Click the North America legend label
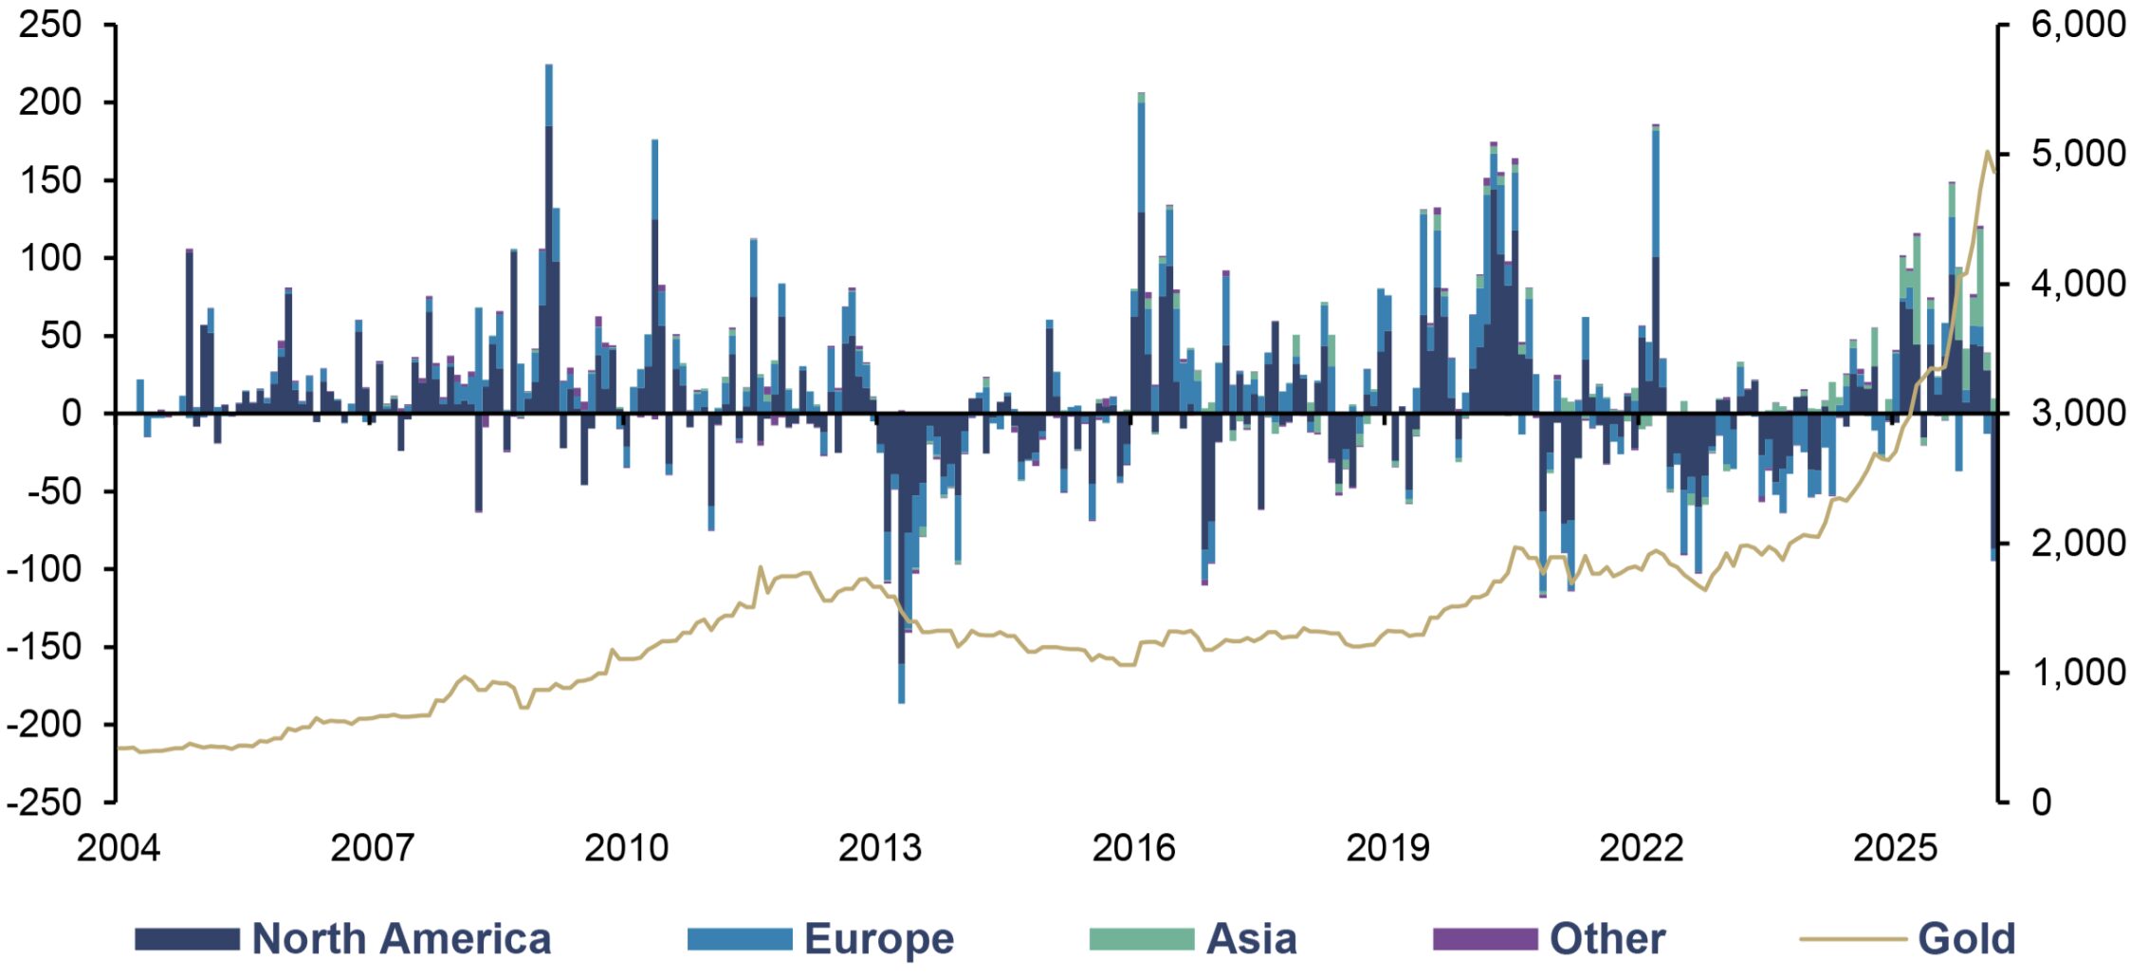tap(401, 938)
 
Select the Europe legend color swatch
tap(740, 938)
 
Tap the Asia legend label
tap(1251, 938)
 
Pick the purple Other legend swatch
tap(1485, 938)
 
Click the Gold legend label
tap(1966, 938)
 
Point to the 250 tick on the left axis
tap(49, 25)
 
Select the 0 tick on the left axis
tap(72, 414)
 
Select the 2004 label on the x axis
tap(118, 848)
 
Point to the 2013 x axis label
tap(879, 848)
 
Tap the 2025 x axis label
tap(1895, 848)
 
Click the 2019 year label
tap(1387, 848)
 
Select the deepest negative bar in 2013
tap(901, 559)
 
